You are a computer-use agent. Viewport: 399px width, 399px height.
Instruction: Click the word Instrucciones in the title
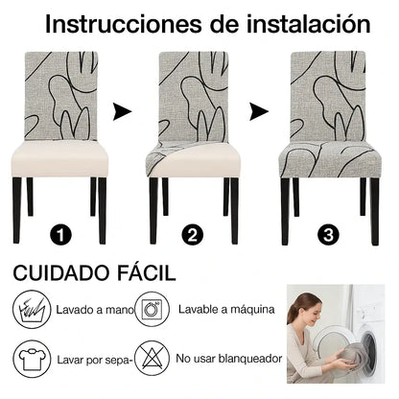tap(124, 24)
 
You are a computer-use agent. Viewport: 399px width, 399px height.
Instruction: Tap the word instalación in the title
tap(308, 24)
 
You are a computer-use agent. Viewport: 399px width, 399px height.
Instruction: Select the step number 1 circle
tap(60, 235)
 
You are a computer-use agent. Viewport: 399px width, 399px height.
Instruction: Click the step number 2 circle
tap(193, 235)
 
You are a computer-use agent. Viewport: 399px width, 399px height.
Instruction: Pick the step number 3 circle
tap(328, 235)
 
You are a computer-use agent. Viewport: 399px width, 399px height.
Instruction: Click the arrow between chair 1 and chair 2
tap(122, 112)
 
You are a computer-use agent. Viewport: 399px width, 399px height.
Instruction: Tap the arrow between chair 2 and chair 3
tap(259, 112)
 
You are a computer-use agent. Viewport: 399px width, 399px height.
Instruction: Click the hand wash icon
tap(32, 309)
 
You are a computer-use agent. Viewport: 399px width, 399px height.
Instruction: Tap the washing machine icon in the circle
tap(153, 309)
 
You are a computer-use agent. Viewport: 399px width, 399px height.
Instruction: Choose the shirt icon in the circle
tap(32, 359)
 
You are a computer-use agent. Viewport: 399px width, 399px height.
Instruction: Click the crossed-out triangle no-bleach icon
tap(153, 359)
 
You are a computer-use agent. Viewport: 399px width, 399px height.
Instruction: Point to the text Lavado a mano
tap(95, 310)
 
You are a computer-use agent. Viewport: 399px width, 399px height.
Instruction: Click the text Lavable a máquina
tap(226, 309)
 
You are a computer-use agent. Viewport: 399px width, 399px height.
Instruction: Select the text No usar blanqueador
tap(229, 359)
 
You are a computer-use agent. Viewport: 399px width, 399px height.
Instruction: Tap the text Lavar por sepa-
tap(95, 360)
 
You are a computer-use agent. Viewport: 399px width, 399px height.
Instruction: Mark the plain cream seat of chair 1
tap(59, 158)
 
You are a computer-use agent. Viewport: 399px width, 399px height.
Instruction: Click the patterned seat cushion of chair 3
tap(330, 160)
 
